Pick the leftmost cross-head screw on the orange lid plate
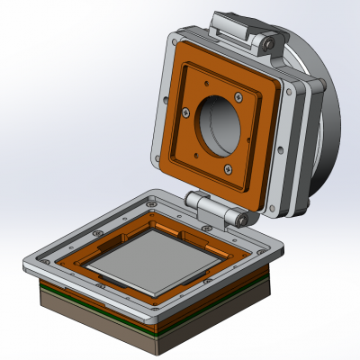coord(183,112)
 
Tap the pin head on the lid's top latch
coord(267,42)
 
